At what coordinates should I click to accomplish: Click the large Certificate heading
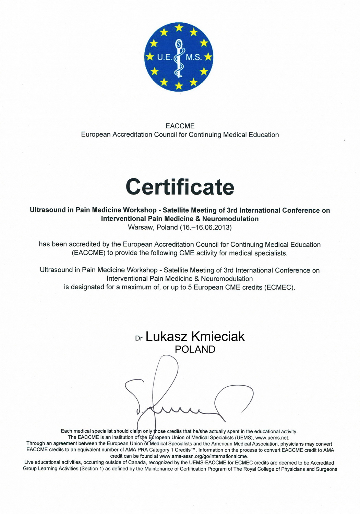180,187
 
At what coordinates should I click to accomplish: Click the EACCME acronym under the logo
180,126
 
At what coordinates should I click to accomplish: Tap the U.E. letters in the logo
164,58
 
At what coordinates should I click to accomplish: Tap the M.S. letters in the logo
194,58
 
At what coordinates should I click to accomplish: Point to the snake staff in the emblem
179,58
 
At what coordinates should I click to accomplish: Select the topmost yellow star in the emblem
179,27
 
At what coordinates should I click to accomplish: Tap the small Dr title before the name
139,338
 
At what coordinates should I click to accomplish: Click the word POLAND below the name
195,349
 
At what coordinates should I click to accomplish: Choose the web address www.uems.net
272,437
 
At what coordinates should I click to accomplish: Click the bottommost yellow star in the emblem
179,86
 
